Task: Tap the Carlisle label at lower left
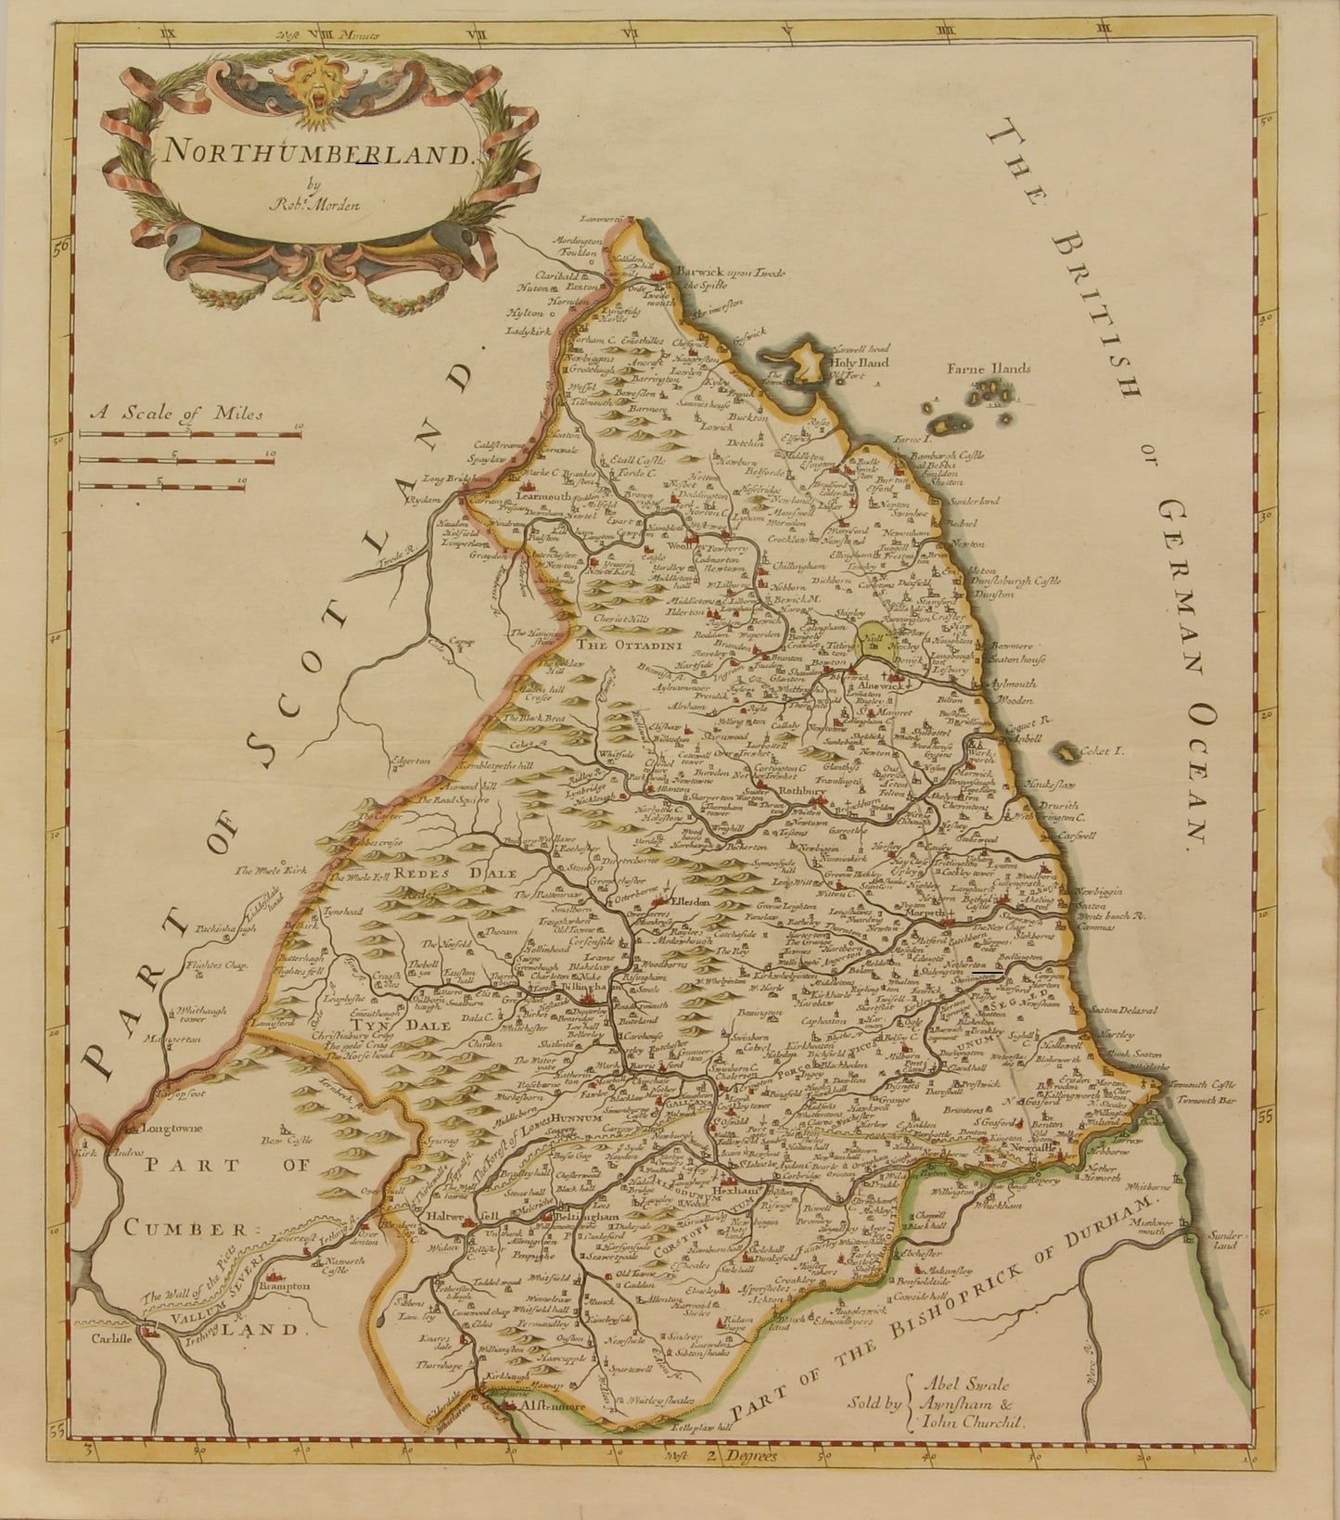(108, 1337)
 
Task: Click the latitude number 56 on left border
(62, 248)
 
